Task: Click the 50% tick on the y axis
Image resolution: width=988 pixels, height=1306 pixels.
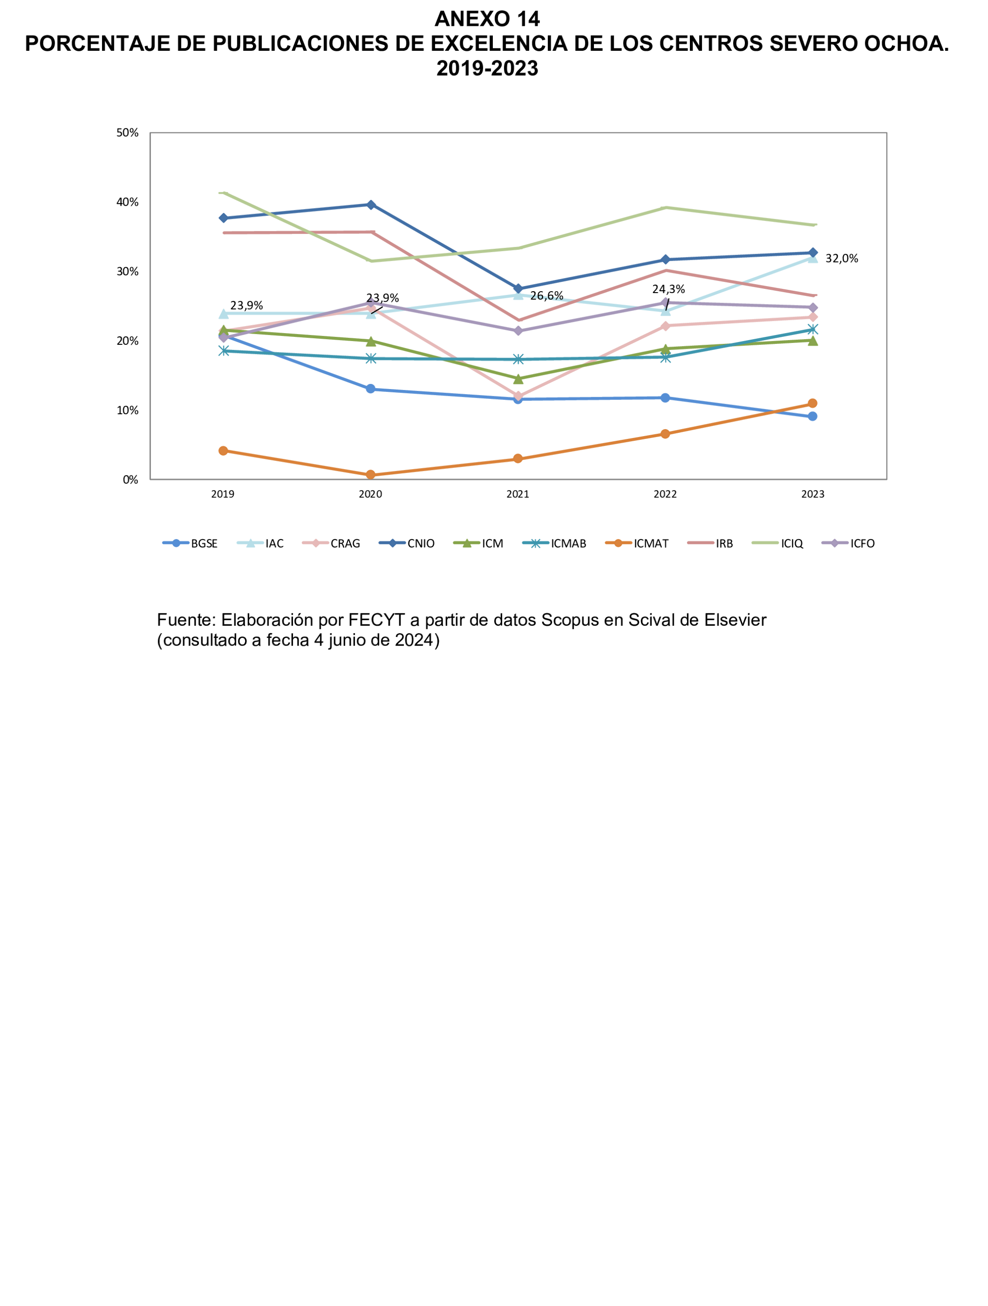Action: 127,133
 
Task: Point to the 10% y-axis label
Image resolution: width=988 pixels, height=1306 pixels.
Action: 127,410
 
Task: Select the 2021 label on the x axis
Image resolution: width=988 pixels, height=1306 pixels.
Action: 518,494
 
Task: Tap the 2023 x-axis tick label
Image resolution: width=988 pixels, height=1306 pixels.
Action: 812,494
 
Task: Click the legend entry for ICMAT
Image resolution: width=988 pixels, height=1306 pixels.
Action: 651,544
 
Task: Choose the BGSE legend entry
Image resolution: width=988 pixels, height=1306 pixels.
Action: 204,544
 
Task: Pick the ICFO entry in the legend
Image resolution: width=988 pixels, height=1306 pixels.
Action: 862,544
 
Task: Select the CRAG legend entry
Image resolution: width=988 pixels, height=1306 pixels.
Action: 345,544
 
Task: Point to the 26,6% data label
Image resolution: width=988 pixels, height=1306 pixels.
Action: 546,296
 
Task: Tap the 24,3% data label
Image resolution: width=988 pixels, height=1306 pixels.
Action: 668,289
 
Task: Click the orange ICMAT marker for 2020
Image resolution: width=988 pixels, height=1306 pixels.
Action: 371,475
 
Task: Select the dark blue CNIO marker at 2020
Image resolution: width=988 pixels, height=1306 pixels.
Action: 371,205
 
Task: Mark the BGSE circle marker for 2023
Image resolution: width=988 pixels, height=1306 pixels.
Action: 812,416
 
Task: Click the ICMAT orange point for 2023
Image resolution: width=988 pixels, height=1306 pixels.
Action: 812,403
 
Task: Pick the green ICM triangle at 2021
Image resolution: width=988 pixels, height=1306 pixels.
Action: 518,379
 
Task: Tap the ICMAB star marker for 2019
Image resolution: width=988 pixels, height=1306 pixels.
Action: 223,350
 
